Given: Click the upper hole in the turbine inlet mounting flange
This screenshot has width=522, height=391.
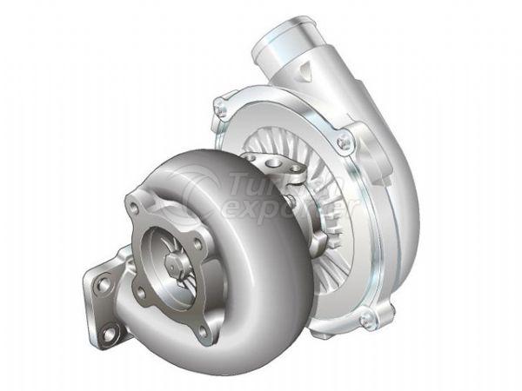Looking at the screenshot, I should point(104,283).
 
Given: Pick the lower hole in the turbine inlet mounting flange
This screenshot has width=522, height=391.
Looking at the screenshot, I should point(110,331).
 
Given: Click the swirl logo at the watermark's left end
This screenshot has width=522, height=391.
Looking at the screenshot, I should point(197,191).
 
